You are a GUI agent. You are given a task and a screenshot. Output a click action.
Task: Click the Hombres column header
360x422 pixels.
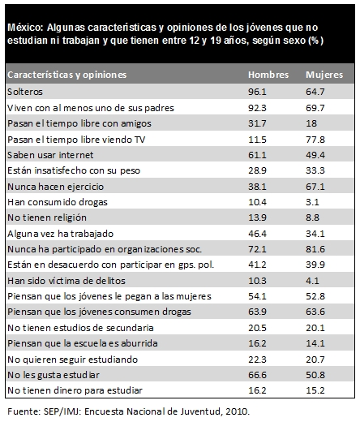pos(268,75)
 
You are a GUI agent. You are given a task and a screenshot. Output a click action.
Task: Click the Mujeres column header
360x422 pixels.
pos(324,75)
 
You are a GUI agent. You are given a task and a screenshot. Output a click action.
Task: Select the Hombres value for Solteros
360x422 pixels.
pos(257,92)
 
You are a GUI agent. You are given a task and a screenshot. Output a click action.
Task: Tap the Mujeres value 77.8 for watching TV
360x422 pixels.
pos(315,140)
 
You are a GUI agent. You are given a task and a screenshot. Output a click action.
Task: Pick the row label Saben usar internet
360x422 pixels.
pos(50,155)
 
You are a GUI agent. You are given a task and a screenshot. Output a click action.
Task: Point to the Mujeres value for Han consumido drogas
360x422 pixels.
pos(312,202)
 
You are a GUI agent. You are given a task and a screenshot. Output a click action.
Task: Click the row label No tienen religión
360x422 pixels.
pos(47,217)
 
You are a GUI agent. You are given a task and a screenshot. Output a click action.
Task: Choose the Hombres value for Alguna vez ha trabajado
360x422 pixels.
pos(257,234)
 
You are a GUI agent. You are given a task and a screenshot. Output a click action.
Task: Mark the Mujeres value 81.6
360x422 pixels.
pos(315,249)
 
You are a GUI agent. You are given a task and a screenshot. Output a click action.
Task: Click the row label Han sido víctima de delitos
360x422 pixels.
pos(66,281)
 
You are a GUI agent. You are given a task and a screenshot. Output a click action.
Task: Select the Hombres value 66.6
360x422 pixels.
pos(257,375)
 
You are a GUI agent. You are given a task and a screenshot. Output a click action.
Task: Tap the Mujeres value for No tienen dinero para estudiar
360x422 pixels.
pos(315,390)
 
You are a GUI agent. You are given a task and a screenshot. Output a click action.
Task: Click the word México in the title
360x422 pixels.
pos(25,28)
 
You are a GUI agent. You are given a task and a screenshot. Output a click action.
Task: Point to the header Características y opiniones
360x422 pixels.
pos(66,75)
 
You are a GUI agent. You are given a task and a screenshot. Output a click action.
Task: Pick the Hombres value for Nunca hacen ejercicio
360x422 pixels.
pos(257,187)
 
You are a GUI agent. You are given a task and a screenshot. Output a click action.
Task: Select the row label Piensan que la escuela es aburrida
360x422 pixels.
pos(83,343)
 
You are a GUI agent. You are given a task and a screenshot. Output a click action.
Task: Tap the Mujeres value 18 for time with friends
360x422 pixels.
pos(311,123)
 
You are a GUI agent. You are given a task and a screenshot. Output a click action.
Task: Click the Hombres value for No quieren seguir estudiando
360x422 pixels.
pos(257,360)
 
